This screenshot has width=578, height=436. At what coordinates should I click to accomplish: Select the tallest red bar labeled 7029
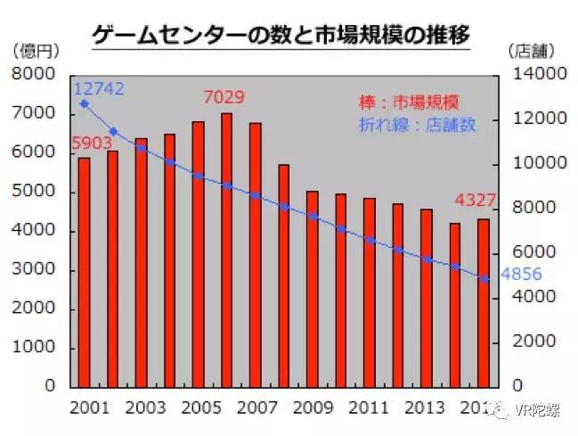pyautogui.click(x=226, y=250)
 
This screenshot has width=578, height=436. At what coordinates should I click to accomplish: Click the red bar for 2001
pyautogui.click(x=84, y=272)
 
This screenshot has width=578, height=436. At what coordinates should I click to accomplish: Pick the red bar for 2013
pyautogui.click(x=427, y=298)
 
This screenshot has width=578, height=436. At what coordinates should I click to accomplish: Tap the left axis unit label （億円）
pyautogui.click(x=32, y=51)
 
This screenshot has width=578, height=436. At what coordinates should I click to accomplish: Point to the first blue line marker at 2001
pyautogui.click(x=85, y=103)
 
